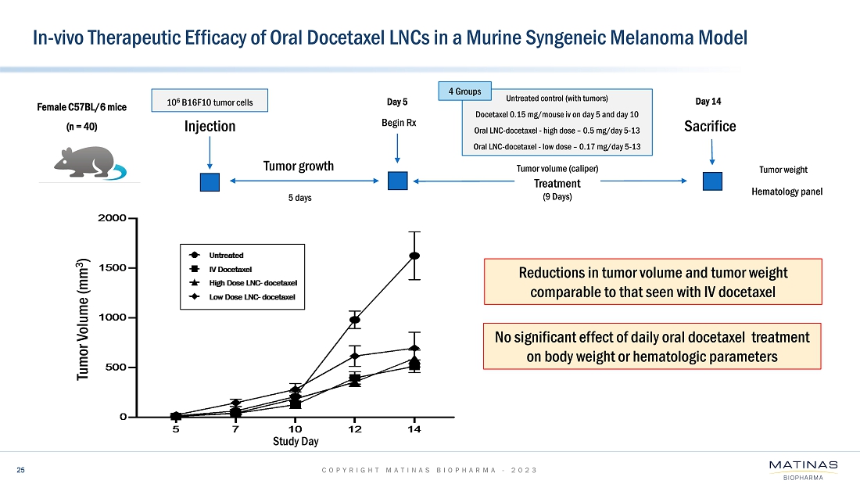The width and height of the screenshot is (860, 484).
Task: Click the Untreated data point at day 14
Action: point(414,256)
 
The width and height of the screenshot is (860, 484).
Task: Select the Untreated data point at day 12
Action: point(355,320)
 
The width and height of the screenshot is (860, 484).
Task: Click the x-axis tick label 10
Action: point(295,428)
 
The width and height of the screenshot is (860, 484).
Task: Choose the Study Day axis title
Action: point(295,442)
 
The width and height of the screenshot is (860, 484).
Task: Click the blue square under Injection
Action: point(210,181)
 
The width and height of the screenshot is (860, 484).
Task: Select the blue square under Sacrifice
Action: point(711,181)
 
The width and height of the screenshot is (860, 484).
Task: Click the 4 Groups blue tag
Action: point(468,91)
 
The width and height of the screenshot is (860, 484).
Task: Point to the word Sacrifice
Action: point(710,126)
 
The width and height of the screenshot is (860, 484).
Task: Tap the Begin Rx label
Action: point(399,122)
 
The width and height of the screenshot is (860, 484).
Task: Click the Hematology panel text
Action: point(787,191)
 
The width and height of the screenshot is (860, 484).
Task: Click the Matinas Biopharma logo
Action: point(803,469)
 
